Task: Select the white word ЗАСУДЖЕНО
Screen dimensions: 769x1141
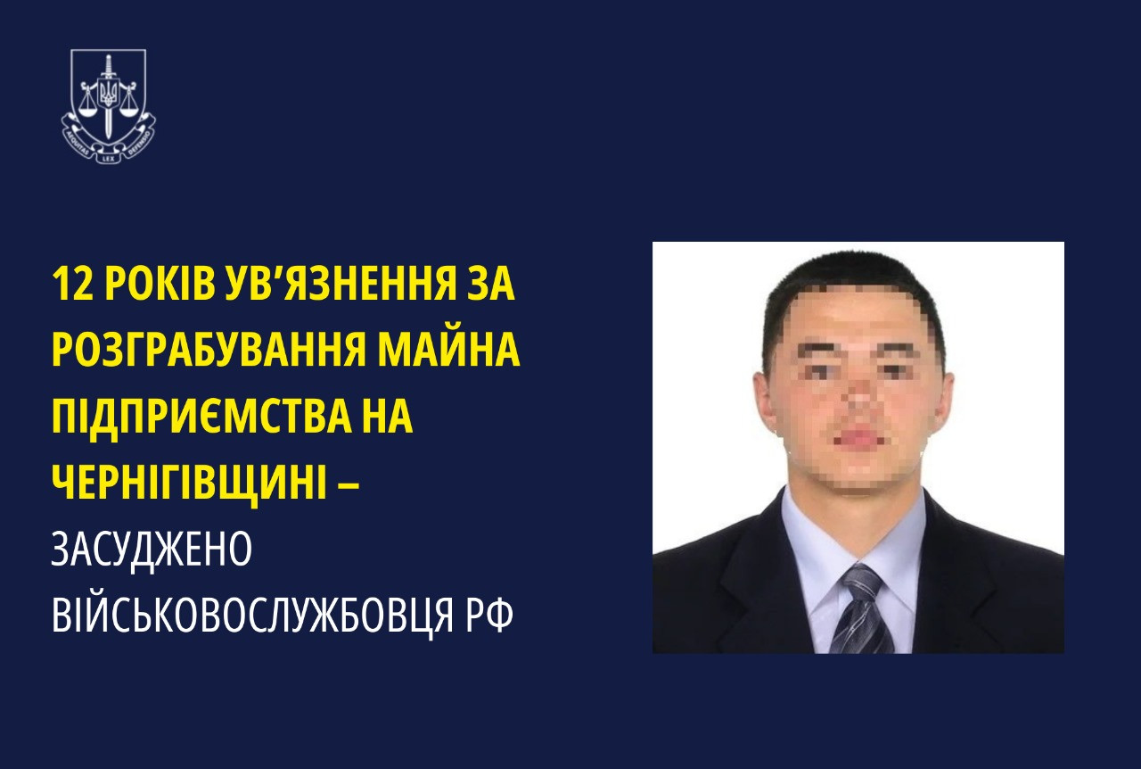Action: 152,550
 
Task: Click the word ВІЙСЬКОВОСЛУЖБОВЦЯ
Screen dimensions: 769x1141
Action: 239,616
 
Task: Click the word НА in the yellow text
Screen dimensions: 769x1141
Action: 388,417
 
